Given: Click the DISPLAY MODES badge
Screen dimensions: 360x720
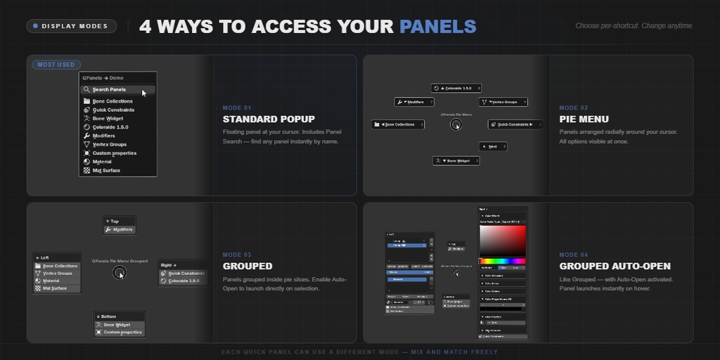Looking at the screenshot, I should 72,27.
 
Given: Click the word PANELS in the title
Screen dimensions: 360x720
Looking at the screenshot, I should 437,27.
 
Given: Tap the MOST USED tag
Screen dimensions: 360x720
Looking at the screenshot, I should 56,65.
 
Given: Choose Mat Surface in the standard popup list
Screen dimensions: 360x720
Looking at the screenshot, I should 106,170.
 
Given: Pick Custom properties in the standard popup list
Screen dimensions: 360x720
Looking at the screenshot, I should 114,153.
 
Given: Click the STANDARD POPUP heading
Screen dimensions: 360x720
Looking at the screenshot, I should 269,120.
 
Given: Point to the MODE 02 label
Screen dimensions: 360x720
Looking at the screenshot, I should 574,108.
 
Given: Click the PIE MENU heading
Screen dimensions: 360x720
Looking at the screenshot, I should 584,120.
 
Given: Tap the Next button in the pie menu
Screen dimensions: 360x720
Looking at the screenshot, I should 493,146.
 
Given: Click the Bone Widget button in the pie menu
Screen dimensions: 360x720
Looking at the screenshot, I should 456,161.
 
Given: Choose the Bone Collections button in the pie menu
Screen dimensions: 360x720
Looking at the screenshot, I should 398,124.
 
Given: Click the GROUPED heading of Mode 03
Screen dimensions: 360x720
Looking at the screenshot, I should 247,266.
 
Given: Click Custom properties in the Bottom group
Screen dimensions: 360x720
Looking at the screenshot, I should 122,333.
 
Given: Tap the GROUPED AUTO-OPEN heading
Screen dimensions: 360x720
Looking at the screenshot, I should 615,266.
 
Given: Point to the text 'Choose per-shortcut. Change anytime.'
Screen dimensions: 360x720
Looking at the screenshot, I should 634,26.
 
